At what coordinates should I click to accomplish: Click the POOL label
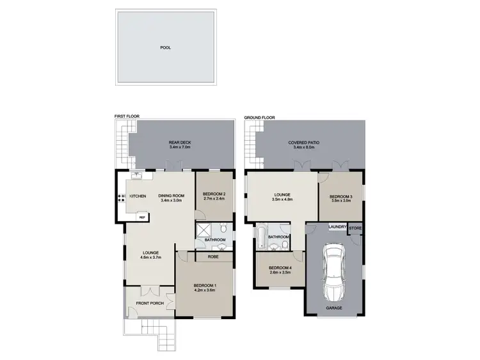tap(166, 47)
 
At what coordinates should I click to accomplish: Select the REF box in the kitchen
tap(142, 217)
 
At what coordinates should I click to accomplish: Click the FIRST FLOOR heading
tap(127, 116)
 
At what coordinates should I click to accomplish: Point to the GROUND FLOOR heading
tap(259, 118)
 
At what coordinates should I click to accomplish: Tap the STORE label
tap(355, 228)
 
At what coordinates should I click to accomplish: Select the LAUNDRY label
tap(337, 227)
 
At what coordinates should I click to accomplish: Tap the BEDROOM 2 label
tap(214, 194)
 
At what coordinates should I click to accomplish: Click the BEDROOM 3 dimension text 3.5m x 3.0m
tap(340, 201)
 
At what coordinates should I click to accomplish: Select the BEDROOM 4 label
tap(280, 267)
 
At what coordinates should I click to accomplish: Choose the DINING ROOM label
tap(172, 196)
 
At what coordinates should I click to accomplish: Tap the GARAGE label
tap(334, 308)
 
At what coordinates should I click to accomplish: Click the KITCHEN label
tap(138, 196)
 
